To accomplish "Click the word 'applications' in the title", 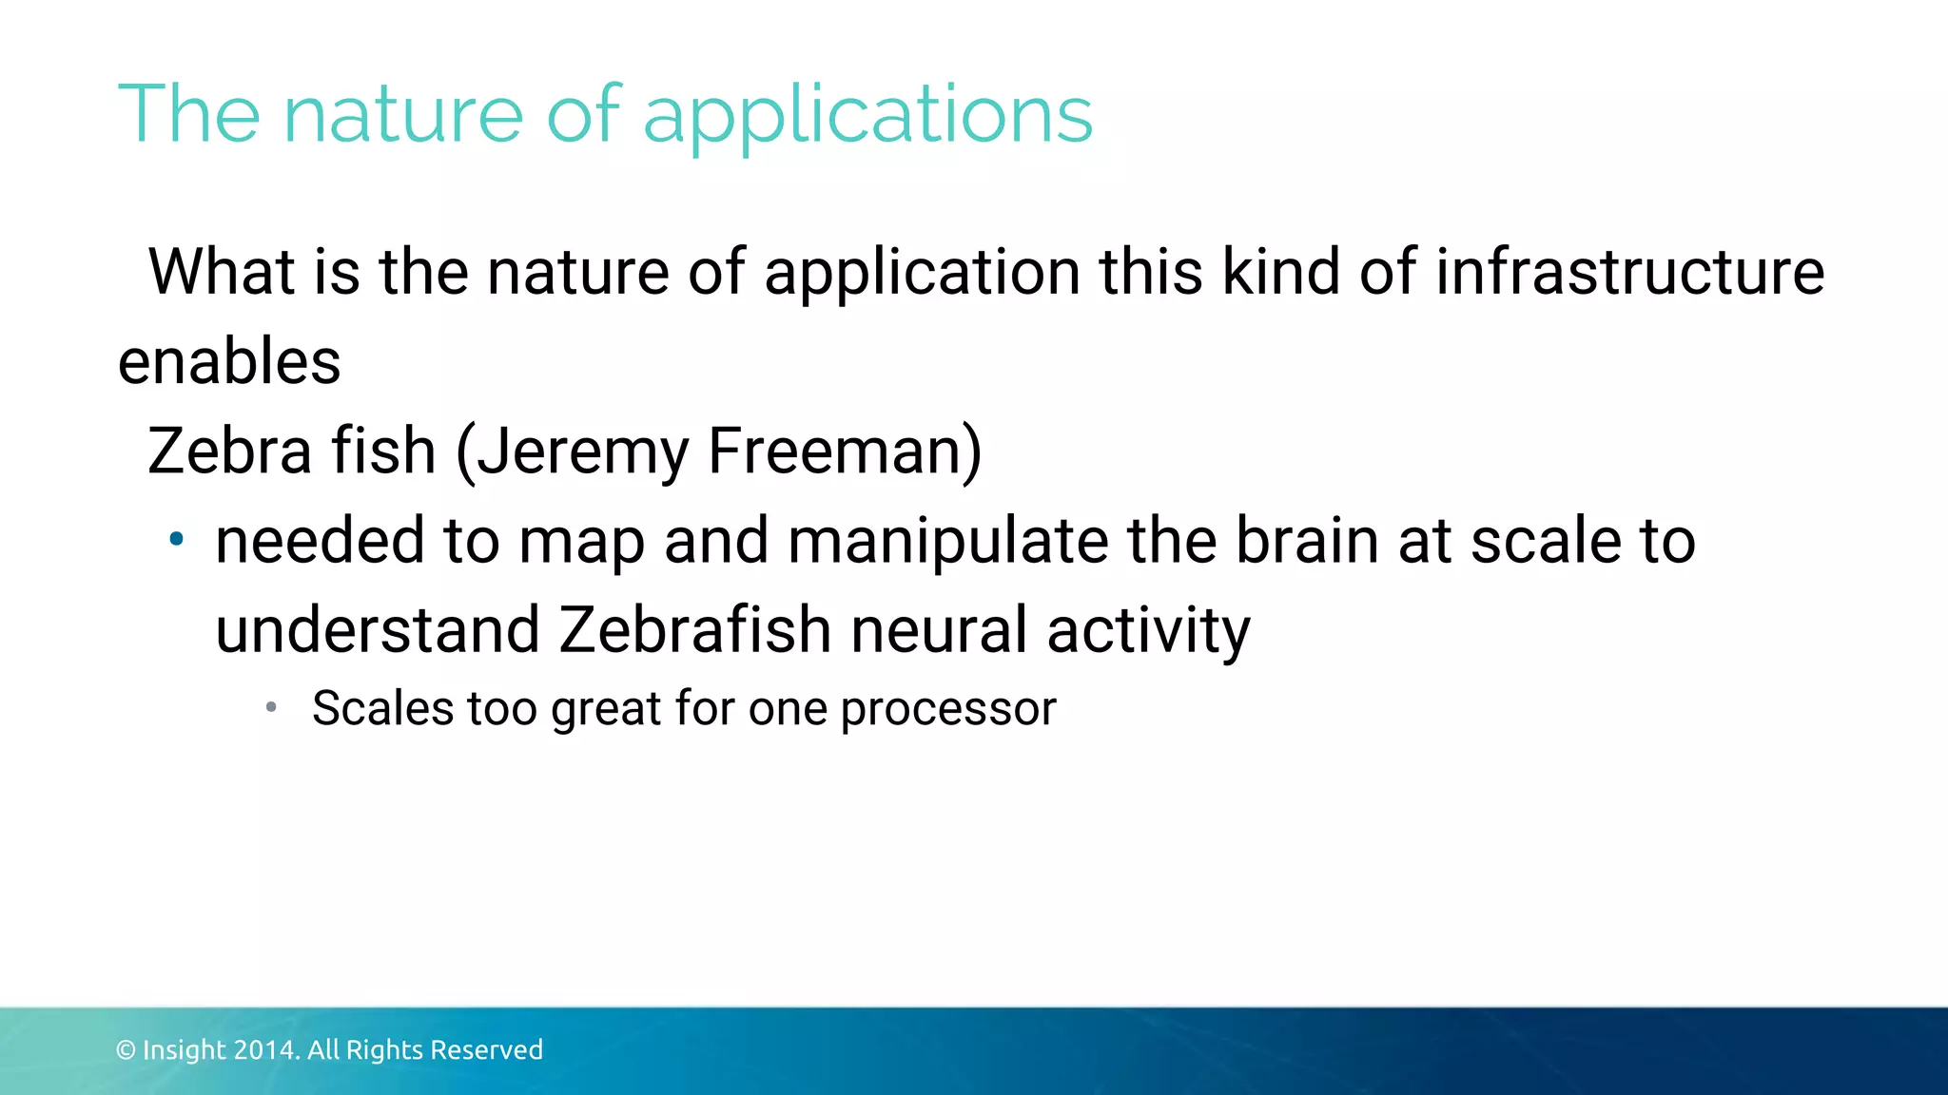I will (x=867, y=116).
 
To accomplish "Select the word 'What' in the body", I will (x=222, y=272).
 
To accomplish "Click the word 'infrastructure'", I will (x=1629, y=272).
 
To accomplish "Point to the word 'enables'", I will (x=229, y=362).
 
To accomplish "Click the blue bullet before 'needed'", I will (x=176, y=540).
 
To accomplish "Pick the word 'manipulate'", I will (x=948, y=541).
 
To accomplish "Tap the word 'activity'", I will (x=1148, y=631).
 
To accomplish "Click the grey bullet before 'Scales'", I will (x=271, y=707).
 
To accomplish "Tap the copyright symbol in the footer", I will (x=126, y=1050).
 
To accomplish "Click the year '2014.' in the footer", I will (x=266, y=1050).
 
